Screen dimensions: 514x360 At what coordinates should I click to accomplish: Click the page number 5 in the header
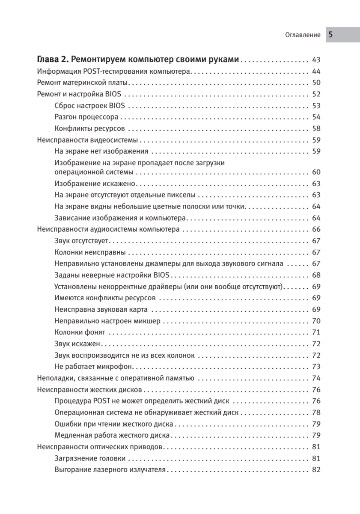(x=330, y=35)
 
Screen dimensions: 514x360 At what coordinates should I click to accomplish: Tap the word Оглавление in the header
(x=303, y=36)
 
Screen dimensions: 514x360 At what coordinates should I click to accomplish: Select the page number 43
(x=316, y=60)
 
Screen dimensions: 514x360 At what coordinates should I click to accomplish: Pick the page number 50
(x=316, y=83)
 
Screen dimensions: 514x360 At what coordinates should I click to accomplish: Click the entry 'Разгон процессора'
(x=87, y=117)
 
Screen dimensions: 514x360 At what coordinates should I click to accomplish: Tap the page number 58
(x=316, y=128)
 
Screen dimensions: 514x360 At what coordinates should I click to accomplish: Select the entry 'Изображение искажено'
(x=95, y=184)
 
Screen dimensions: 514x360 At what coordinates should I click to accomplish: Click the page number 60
(x=316, y=172)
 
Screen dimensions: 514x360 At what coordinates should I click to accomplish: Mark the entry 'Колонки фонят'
(x=80, y=332)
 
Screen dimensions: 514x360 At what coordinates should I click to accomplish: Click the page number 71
(x=316, y=332)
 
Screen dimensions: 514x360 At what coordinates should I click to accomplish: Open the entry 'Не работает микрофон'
(x=95, y=367)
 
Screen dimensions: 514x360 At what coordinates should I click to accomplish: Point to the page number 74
(x=316, y=378)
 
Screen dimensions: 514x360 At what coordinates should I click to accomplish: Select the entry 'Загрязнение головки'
(x=90, y=459)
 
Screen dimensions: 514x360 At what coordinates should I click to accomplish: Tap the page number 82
(x=316, y=470)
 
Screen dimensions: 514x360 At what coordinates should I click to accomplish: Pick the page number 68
(x=316, y=275)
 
